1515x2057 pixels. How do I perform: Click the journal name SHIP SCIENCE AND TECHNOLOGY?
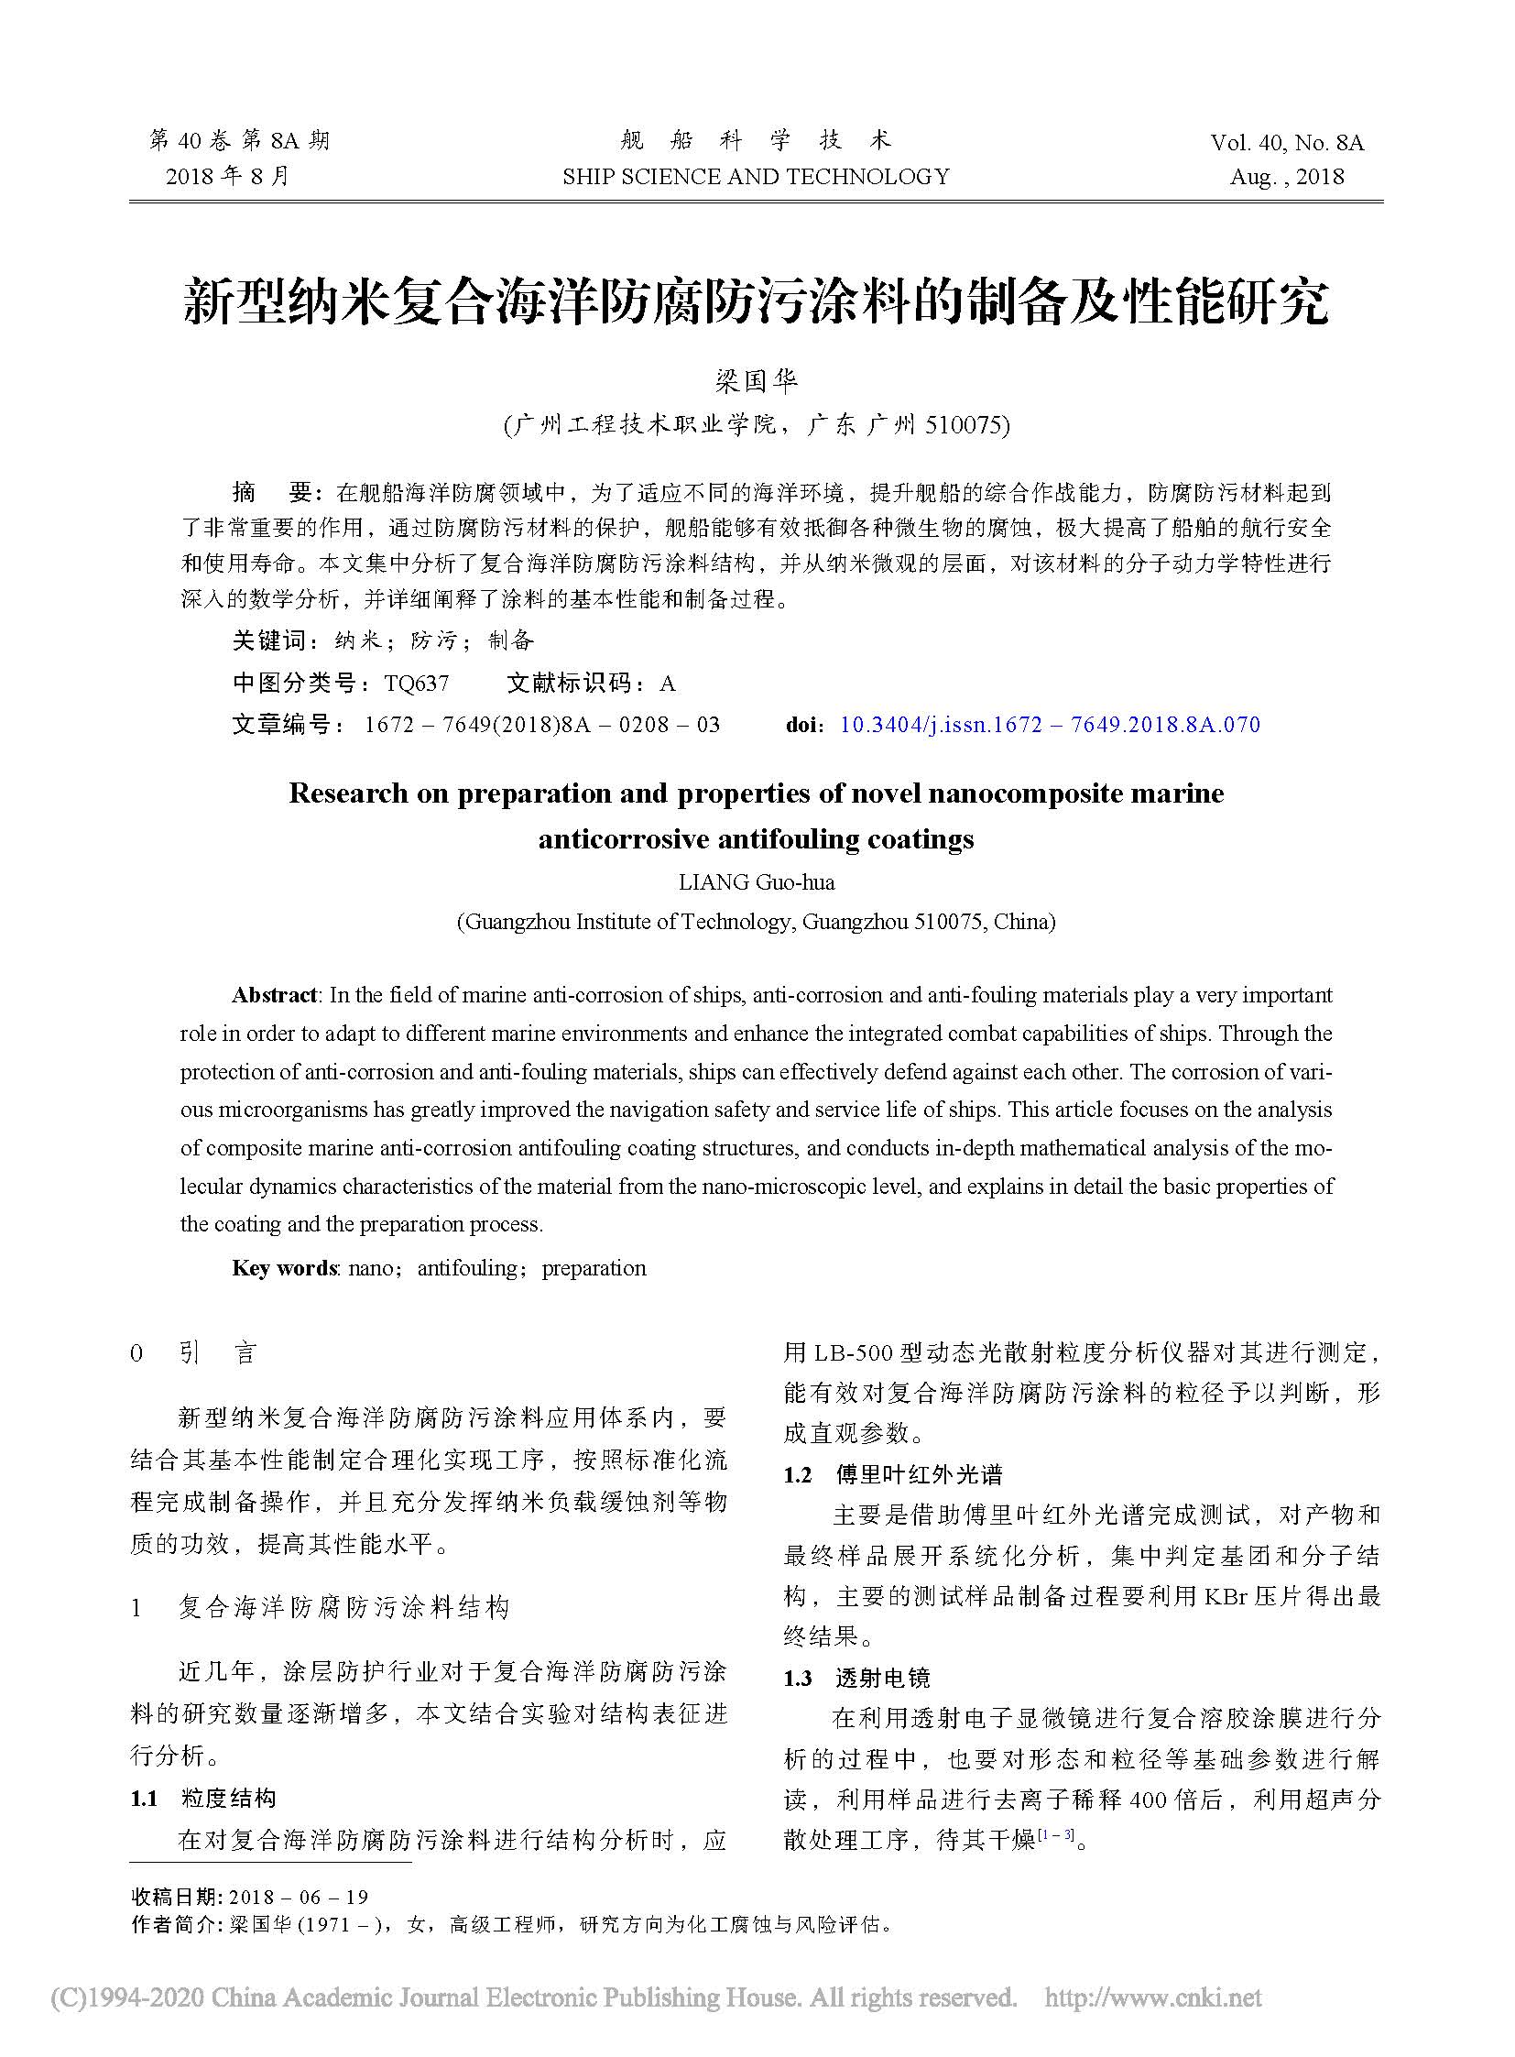coord(756,176)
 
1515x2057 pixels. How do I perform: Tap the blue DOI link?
coord(1049,725)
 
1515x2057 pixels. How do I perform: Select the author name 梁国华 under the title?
coord(757,381)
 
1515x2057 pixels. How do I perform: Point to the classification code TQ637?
coord(418,684)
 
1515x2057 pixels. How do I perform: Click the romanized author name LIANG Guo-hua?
coord(757,882)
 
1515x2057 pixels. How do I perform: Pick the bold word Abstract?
coord(274,995)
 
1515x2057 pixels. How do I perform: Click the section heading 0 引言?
coord(193,1353)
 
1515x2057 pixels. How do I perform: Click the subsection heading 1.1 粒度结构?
coord(202,1799)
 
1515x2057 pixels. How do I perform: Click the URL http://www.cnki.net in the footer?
coord(1153,1997)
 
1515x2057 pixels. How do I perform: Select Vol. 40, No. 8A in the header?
coord(1287,143)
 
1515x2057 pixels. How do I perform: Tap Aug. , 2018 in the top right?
coord(1287,177)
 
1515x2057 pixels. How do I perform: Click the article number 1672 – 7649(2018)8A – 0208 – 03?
coord(541,725)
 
